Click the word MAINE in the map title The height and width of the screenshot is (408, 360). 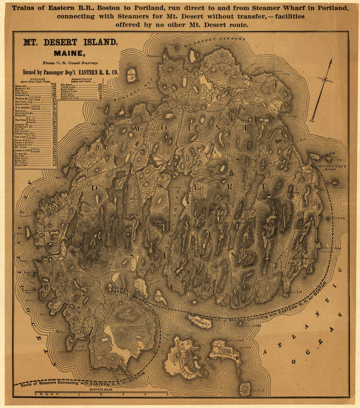(69, 53)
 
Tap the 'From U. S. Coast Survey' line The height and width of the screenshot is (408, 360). (69, 63)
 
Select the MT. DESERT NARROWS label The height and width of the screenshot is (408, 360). (214, 42)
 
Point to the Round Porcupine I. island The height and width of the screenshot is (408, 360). (334, 182)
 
